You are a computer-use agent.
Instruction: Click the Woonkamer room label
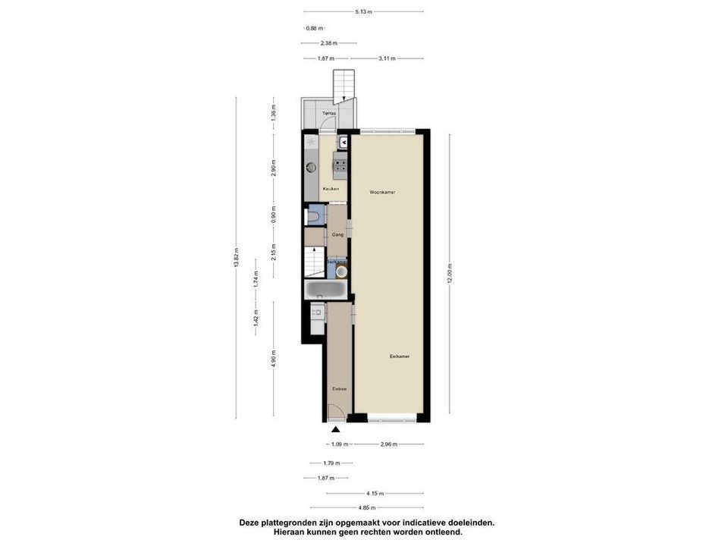point(382,193)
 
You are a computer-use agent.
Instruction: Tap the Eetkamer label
point(400,356)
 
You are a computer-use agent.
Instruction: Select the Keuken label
point(331,188)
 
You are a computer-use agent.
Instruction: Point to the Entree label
point(339,389)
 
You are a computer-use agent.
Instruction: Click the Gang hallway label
point(337,234)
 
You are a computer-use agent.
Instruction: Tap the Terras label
point(329,114)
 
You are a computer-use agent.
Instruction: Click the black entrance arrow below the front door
point(336,430)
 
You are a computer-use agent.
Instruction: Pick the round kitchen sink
point(311,167)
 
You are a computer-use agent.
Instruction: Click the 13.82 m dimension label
point(237,258)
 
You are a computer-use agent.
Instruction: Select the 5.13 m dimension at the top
point(364,12)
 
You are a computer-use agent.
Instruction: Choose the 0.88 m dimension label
point(312,29)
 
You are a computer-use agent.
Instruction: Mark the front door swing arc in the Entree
point(334,413)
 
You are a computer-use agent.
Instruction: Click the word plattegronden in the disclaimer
point(298,522)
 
